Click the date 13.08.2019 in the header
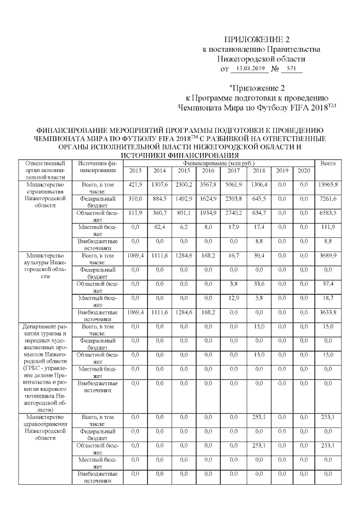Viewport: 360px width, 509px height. coord(250,69)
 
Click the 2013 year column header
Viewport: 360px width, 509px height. coord(136,171)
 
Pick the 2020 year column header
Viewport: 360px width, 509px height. coord(304,171)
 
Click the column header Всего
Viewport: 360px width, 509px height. coord(327,163)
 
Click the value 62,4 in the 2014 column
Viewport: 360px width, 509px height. coord(159,227)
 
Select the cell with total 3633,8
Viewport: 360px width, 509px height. coord(327,312)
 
